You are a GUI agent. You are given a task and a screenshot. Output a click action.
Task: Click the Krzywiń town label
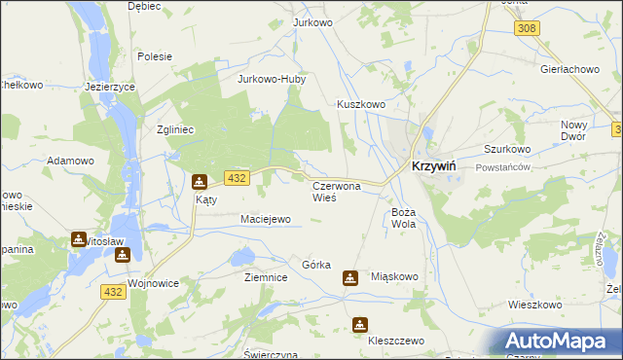(x=443, y=165)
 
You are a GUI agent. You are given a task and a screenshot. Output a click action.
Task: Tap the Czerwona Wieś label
(x=335, y=191)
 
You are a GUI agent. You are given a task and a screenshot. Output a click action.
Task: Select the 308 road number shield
(x=527, y=28)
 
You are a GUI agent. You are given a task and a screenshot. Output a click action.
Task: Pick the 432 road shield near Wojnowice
(x=112, y=291)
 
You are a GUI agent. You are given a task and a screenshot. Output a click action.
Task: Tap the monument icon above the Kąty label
(x=200, y=181)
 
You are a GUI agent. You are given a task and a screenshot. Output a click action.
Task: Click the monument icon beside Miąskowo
(x=350, y=278)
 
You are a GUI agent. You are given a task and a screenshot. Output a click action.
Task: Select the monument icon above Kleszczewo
(x=361, y=324)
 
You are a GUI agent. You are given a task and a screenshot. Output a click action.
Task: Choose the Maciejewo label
(x=266, y=220)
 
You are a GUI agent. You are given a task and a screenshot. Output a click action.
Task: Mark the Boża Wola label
(x=404, y=217)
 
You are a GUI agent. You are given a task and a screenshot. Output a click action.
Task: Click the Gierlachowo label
(x=569, y=70)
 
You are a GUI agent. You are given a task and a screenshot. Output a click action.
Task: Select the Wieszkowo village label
(x=535, y=305)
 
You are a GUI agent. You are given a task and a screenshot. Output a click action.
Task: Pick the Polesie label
(x=156, y=56)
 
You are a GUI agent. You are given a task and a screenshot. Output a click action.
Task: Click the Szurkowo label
(x=507, y=149)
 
